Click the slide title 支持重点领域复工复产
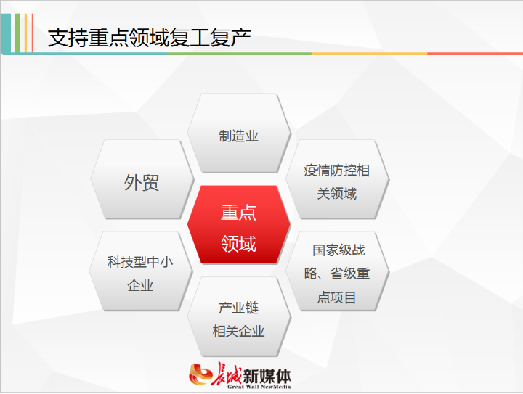[x=149, y=38]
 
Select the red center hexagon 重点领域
[x=239, y=225]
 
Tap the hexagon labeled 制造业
[x=239, y=134]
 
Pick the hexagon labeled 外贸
[x=142, y=179]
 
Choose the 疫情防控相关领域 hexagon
[x=337, y=179]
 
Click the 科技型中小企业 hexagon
[x=141, y=271]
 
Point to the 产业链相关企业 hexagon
[x=239, y=317]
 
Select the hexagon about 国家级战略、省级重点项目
[x=337, y=271]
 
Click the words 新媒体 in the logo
[x=267, y=376]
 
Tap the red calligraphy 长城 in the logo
[x=227, y=374]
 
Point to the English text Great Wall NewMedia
[x=259, y=387]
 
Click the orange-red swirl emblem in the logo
[x=200, y=374]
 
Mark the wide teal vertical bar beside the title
[x=6, y=33]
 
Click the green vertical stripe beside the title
[x=17, y=33]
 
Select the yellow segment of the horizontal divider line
[x=369, y=53]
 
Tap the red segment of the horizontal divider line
[x=475, y=53]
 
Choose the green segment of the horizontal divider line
[x=239, y=53]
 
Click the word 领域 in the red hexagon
[x=238, y=244]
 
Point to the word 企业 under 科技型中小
[x=140, y=285]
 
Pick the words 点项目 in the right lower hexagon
[x=336, y=297]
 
